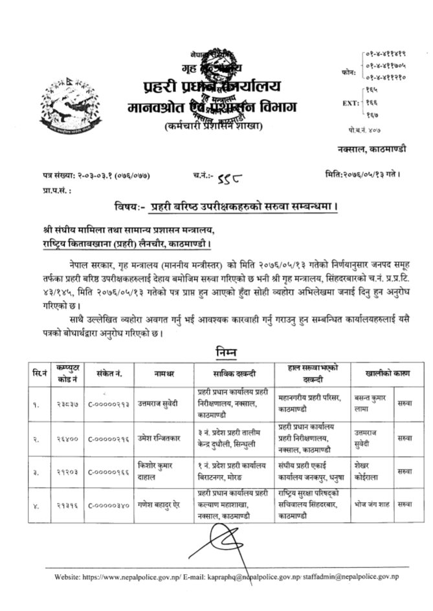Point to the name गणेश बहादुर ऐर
159,504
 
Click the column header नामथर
163,374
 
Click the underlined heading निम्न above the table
225,353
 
